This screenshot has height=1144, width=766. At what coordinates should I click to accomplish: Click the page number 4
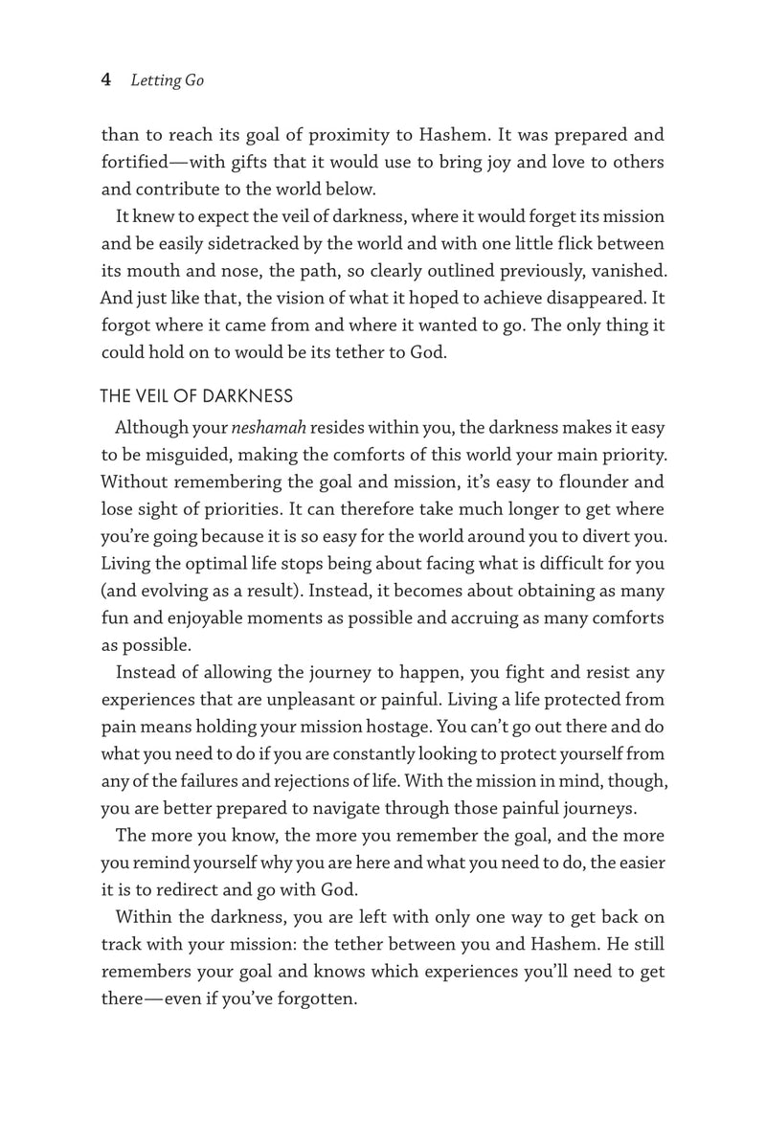[106, 80]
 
